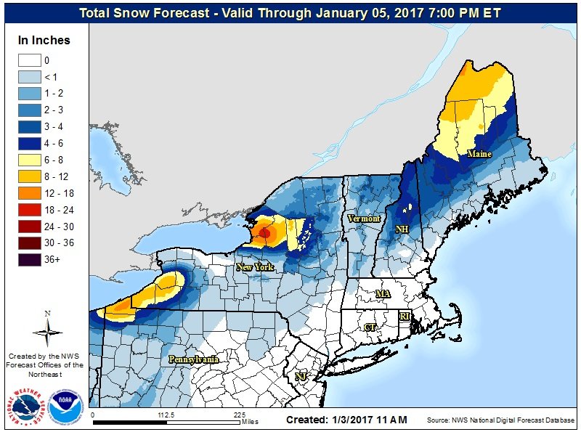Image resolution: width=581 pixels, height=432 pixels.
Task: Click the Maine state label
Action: click(479, 154)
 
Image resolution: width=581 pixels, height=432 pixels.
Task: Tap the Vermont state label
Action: click(363, 219)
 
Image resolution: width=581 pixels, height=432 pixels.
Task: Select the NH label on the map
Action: click(402, 229)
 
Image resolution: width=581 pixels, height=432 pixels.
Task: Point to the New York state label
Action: click(255, 267)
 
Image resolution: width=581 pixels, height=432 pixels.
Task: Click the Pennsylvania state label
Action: click(193, 359)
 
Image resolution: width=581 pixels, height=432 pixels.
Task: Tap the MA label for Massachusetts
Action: click(382, 293)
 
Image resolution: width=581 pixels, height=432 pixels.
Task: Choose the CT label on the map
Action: click(370, 327)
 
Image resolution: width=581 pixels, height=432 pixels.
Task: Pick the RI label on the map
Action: click(405, 317)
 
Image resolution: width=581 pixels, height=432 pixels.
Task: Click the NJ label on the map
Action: click(299, 376)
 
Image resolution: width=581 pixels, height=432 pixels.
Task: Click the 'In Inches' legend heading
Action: click(43, 41)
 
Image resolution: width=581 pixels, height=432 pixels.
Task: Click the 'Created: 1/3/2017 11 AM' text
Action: click(346, 420)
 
